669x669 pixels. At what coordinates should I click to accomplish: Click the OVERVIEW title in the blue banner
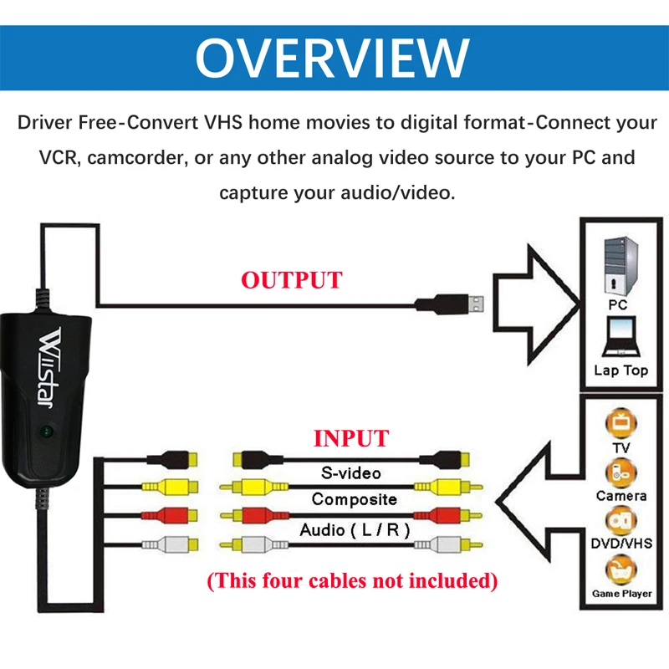coord(333,56)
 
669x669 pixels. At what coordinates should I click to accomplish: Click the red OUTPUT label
coord(292,280)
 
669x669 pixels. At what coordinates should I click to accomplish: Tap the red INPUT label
coord(350,438)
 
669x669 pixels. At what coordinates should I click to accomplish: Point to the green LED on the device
coord(48,432)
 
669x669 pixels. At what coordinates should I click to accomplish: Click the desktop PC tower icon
coord(620,263)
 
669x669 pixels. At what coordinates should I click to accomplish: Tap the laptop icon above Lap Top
coord(620,339)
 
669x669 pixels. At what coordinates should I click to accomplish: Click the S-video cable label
coord(351,473)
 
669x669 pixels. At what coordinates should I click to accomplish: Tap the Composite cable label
coord(354,499)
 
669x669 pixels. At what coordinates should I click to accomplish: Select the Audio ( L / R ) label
coord(352,530)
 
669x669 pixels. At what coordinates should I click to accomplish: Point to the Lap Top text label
coord(620,370)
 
